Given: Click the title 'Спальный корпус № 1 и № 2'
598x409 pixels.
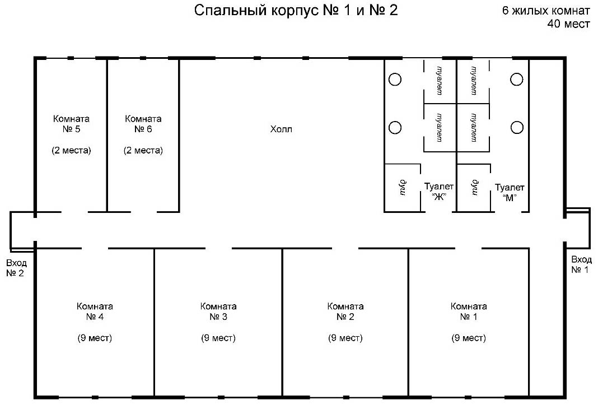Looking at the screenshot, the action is click(296, 10).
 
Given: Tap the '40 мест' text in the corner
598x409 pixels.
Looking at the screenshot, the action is click(569, 24).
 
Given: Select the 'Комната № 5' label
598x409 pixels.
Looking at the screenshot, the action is click(71, 124).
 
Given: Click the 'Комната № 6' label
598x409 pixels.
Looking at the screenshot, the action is click(143, 124).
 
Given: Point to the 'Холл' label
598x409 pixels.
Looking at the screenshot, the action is click(281, 129).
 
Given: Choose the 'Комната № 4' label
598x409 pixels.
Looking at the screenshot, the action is click(95, 312).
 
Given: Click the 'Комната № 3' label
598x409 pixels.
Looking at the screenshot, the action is click(218, 312).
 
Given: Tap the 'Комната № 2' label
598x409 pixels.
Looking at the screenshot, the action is click(345, 312).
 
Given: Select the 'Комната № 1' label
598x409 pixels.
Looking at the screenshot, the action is click(469, 312).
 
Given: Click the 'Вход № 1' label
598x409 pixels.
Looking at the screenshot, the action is click(581, 264).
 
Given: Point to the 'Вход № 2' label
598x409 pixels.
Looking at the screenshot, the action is click(16, 268).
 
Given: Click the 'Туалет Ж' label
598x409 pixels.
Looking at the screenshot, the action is click(439, 192).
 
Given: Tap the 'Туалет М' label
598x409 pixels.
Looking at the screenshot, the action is click(510, 192).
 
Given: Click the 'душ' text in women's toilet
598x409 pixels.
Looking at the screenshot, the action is click(403, 187).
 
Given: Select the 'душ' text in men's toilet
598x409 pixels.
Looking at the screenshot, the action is click(475, 187).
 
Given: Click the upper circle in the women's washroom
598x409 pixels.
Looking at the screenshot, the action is click(395, 74).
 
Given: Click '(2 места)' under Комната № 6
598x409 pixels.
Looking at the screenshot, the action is click(143, 150).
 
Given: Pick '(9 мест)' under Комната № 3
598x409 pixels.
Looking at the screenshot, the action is click(218, 338).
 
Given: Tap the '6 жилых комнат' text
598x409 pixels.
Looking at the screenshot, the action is click(546, 10).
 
